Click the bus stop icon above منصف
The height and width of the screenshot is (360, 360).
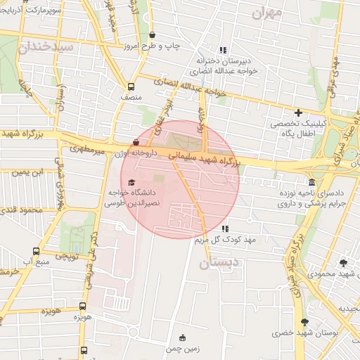click(131, 87)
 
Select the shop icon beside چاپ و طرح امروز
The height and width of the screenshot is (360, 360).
click(153, 34)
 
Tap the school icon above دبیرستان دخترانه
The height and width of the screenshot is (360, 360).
click(224, 50)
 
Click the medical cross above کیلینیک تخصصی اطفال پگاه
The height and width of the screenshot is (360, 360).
click(299, 112)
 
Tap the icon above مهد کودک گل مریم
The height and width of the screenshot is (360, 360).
click(224, 229)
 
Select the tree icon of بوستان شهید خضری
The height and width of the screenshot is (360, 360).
click(304, 322)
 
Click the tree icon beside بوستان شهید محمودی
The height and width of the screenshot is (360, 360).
click(343, 263)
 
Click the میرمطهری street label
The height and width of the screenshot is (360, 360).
click(87, 150)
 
